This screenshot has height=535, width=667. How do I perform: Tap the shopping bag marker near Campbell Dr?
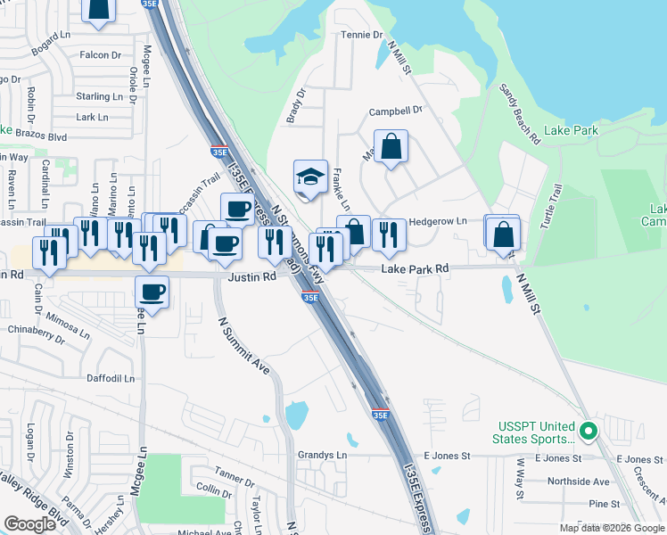click(x=391, y=146)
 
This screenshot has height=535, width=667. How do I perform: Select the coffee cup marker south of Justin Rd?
click(x=152, y=292)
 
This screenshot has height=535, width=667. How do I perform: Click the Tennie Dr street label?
click(x=361, y=36)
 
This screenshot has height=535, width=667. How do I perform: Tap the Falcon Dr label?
click(x=100, y=55)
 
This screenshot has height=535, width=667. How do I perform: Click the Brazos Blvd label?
click(x=44, y=137)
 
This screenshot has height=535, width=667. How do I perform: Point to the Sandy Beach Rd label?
click(x=519, y=114)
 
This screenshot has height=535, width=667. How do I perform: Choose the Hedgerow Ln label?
click(x=437, y=221)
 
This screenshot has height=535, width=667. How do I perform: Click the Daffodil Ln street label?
click(x=110, y=378)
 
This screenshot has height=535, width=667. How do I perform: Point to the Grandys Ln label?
click(x=322, y=455)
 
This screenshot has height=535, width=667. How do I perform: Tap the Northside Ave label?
click(x=578, y=481)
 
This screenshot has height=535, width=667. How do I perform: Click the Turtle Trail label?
click(x=547, y=204)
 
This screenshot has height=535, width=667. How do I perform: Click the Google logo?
click(x=30, y=524)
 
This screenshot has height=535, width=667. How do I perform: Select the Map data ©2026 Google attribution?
click(x=611, y=528)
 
